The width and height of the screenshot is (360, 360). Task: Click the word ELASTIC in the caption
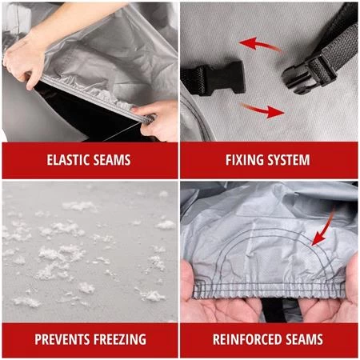tap(68, 160)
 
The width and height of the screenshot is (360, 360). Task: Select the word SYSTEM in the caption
tap(289, 160)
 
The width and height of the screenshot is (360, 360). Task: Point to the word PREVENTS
tap(62, 339)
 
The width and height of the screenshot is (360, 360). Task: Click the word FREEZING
tap(120, 339)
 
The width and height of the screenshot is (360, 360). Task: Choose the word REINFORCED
tap(244, 339)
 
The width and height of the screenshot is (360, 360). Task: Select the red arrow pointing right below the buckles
tap(262, 110)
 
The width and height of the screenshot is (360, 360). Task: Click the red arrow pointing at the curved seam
tap(324, 226)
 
